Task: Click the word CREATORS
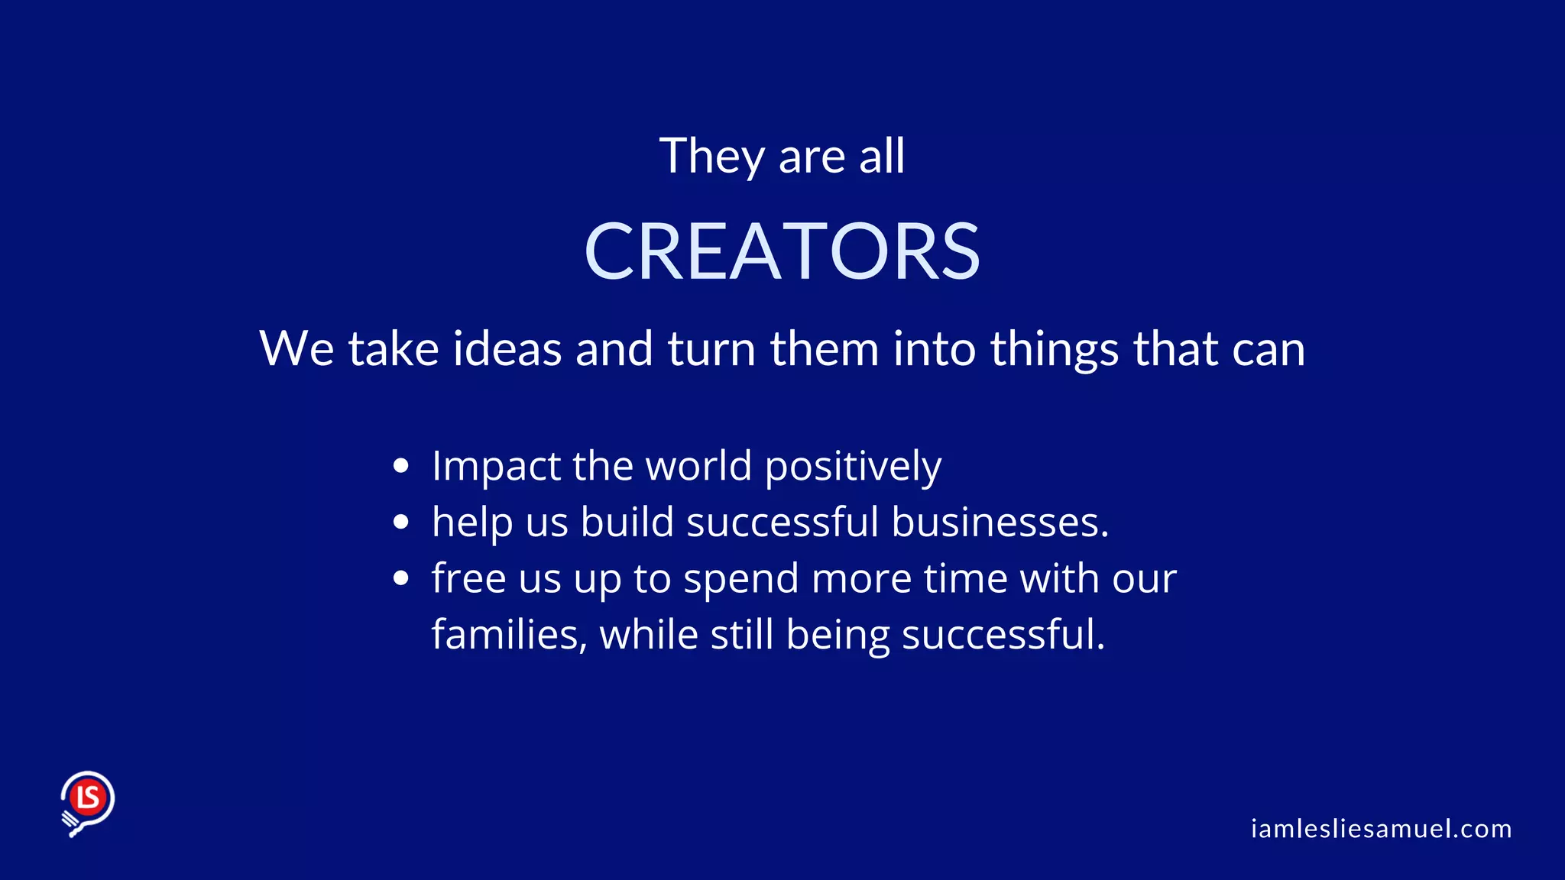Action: pos(782,251)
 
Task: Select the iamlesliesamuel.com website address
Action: pos(1381,829)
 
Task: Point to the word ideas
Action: pos(507,349)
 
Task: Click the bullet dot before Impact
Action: pos(401,466)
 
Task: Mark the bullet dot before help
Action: pos(401,522)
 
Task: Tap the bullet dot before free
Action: pos(401,578)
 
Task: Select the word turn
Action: pos(711,349)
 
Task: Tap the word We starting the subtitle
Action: pos(296,349)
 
